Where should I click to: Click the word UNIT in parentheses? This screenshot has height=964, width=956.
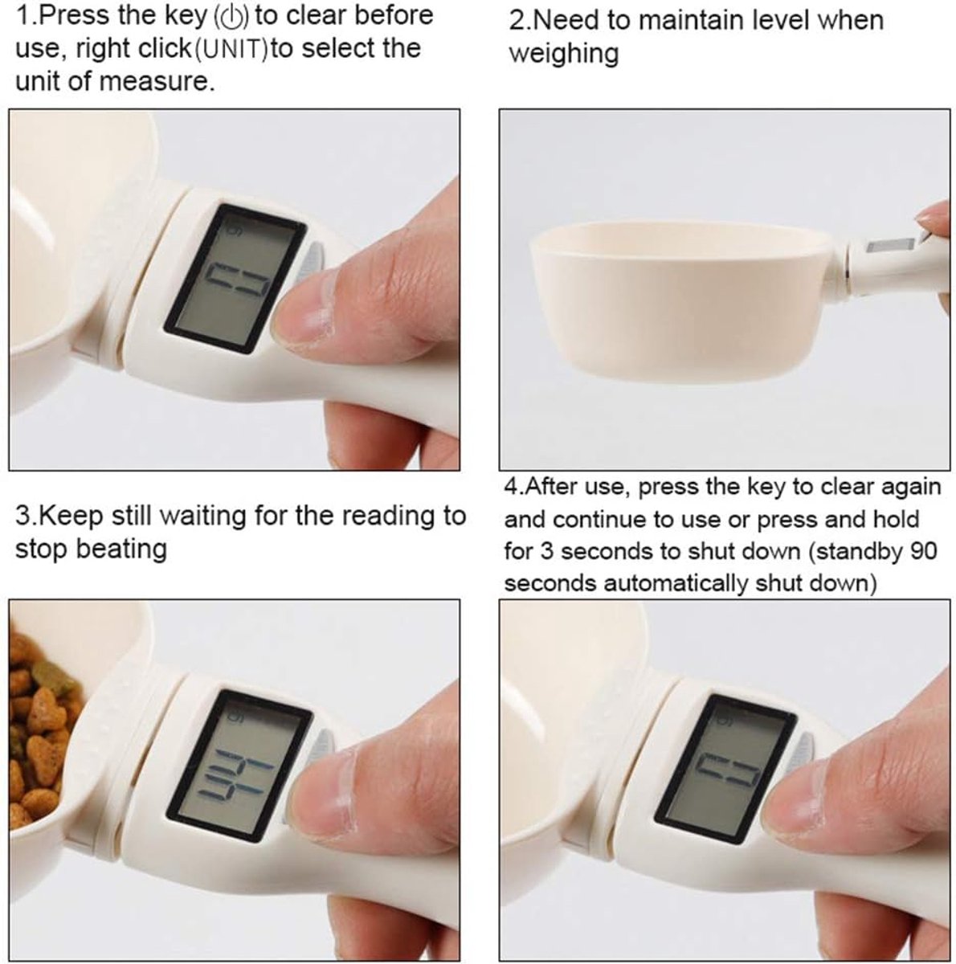(231, 51)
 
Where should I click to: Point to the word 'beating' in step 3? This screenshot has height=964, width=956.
(121, 549)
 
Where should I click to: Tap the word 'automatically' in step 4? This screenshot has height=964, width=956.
(677, 584)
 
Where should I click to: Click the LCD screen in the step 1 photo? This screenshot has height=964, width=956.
(235, 278)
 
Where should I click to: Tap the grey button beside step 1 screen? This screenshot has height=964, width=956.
(312, 260)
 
